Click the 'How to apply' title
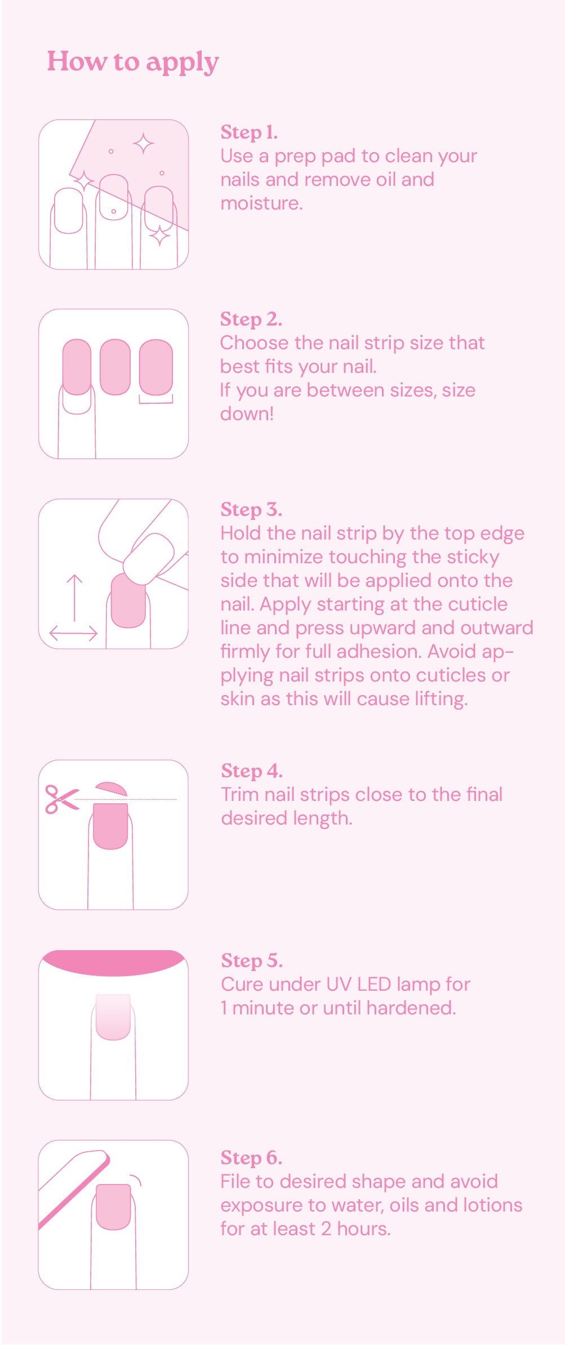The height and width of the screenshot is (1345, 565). coord(132,62)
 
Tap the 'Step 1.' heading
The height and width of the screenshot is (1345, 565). coord(248,132)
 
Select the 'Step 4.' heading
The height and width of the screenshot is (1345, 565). coord(251,771)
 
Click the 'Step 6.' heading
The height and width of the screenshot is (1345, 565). coord(251,1157)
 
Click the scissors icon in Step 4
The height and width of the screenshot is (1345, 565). coord(61,799)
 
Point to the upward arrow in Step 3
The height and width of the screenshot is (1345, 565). coord(74,597)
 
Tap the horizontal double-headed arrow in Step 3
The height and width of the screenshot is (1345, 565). coord(74,633)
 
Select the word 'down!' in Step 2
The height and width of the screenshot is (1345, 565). coord(247,414)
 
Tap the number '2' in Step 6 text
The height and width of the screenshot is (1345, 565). coord(326,1228)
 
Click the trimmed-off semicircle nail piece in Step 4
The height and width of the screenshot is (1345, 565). coord(112,789)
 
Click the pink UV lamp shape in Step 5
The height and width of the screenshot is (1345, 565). coord(113,962)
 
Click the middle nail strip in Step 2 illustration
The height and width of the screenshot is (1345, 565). coord(115,366)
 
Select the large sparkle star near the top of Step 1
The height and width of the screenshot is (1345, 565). coord(144,144)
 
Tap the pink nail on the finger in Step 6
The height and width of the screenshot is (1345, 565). coord(113,1206)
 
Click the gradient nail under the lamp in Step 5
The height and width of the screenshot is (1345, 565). coord(113,1016)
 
